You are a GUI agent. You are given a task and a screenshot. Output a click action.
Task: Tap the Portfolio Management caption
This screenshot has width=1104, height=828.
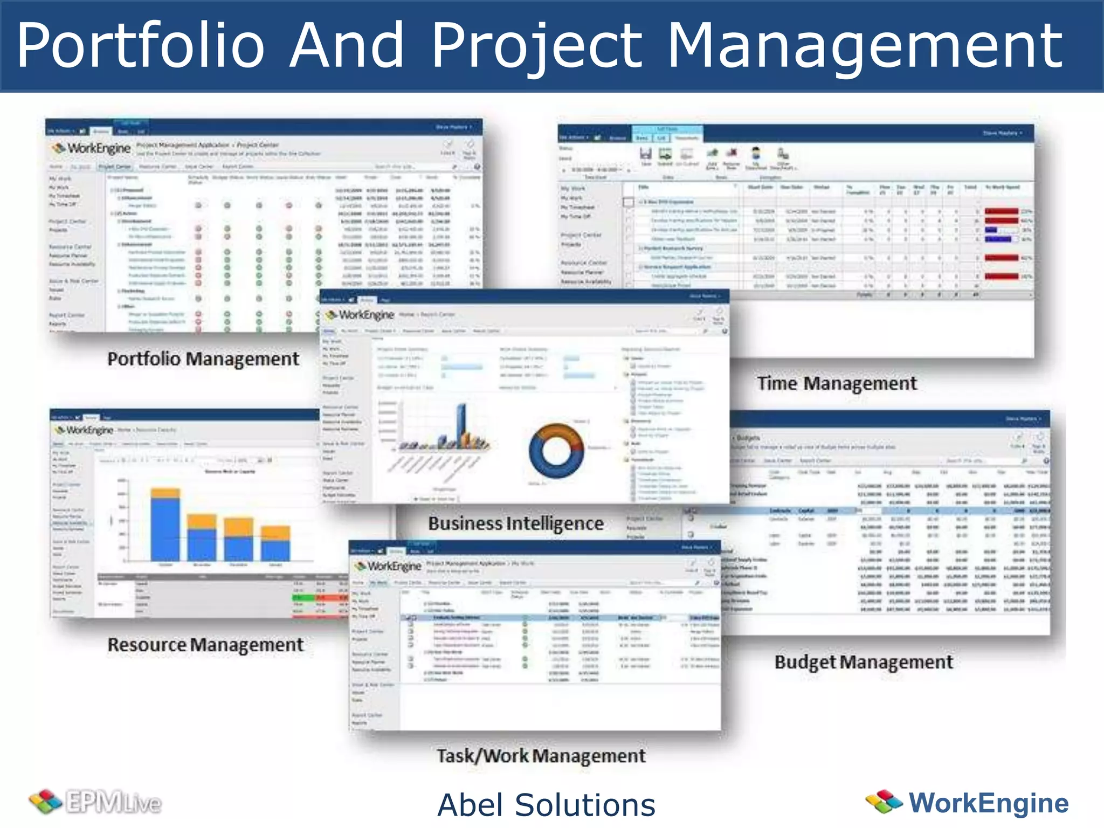click(203, 359)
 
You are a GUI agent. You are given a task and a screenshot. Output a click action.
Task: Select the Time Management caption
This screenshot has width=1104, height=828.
click(837, 383)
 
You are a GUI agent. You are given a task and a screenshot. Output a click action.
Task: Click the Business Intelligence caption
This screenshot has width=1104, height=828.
click(515, 523)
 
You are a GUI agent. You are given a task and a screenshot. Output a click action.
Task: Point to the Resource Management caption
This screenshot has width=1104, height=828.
click(205, 645)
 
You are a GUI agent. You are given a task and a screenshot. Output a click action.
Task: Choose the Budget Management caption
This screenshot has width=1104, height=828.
click(864, 662)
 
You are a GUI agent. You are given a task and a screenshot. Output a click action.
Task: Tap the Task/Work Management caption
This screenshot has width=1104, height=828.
click(541, 756)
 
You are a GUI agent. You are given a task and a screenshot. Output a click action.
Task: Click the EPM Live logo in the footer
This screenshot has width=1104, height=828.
click(95, 803)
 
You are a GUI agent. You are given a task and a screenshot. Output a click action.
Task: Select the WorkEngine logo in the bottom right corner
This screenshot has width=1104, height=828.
click(967, 803)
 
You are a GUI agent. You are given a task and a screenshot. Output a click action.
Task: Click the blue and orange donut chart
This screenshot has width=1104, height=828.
click(556, 450)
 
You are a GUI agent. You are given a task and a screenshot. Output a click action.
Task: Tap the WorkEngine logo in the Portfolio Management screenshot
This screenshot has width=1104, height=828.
click(92, 148)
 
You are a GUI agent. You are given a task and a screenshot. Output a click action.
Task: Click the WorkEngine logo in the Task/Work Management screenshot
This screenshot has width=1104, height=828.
click(387, 566)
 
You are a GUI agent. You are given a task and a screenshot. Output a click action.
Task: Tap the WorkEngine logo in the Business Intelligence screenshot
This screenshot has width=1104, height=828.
click(360, 315)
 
